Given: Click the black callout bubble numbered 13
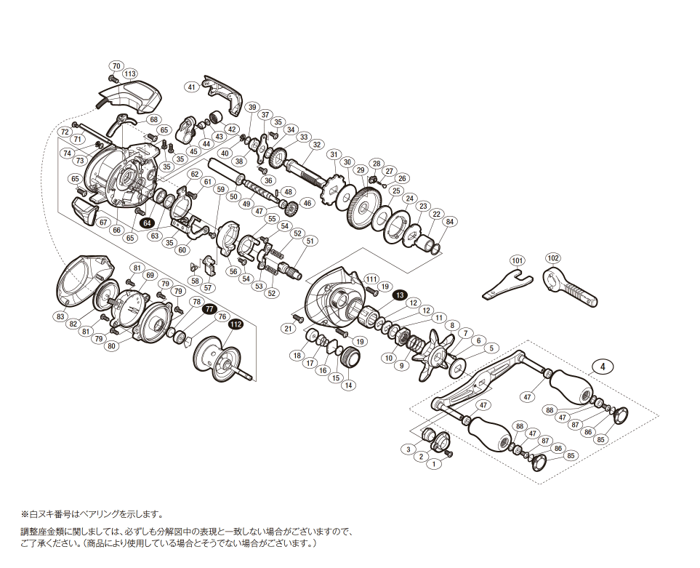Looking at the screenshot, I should coord(400,295).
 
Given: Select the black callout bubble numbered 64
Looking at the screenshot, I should coord(148,223).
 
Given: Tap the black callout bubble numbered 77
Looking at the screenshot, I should coord(209,309).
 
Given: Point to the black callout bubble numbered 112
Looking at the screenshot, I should coord(235,325).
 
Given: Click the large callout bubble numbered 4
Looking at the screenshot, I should coord(603,367).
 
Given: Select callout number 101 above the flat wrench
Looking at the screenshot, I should coord(516,260).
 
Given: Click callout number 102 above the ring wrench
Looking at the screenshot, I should coord(553,257).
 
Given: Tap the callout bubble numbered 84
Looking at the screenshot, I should coord(450,221).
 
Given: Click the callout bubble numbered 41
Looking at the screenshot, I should coord(192,87).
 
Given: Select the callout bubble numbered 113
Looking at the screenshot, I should coord(130,74).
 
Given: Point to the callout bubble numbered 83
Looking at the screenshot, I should coord(59,316).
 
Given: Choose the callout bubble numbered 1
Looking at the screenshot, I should coord(435,463).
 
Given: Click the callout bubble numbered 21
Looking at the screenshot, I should coord(288,329).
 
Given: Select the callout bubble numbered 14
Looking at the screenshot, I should coord(350,385).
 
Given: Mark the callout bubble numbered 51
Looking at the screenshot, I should coord(311,241).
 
